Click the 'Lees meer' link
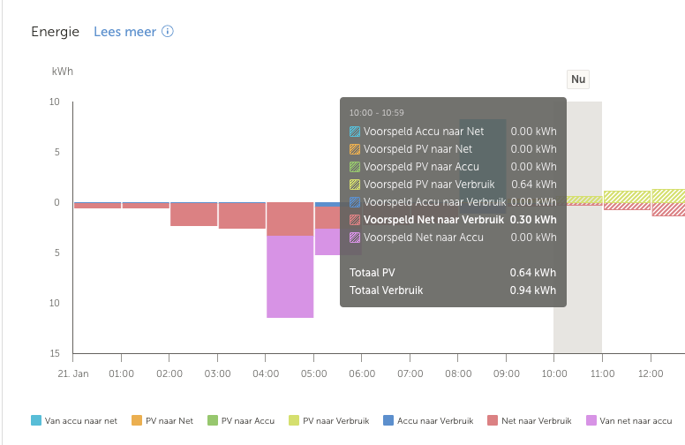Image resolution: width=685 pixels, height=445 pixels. (x=124, y=32)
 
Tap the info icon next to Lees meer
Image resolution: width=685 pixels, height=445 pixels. (x=168, y=32)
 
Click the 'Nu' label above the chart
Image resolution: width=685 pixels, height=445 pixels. (x=578, y=79)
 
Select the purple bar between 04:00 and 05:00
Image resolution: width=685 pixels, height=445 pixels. (x=290, y=276)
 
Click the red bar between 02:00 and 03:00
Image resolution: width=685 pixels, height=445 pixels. (x=193, y=215)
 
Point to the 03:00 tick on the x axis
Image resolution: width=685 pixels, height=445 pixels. (x=217, y=373)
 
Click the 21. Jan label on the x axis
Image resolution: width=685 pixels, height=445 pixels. (x=73, y=373)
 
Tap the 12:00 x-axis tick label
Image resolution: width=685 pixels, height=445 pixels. (x=651, y=373)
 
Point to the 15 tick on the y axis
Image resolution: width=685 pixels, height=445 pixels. (x=54, y=354)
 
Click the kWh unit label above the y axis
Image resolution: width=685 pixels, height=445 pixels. (x=62, y=71)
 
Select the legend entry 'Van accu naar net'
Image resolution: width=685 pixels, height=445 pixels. (x=74, y=421)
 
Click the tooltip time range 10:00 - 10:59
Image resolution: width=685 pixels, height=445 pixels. (x=376, y=113)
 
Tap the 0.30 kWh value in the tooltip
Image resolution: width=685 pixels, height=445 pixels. (x=533, y=220)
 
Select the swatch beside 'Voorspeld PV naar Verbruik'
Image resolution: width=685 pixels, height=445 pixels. (x=355, y=185)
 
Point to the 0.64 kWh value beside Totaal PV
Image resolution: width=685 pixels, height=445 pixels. (x=533, y=272)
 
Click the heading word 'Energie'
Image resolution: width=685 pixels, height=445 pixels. (x=55, y=32)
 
